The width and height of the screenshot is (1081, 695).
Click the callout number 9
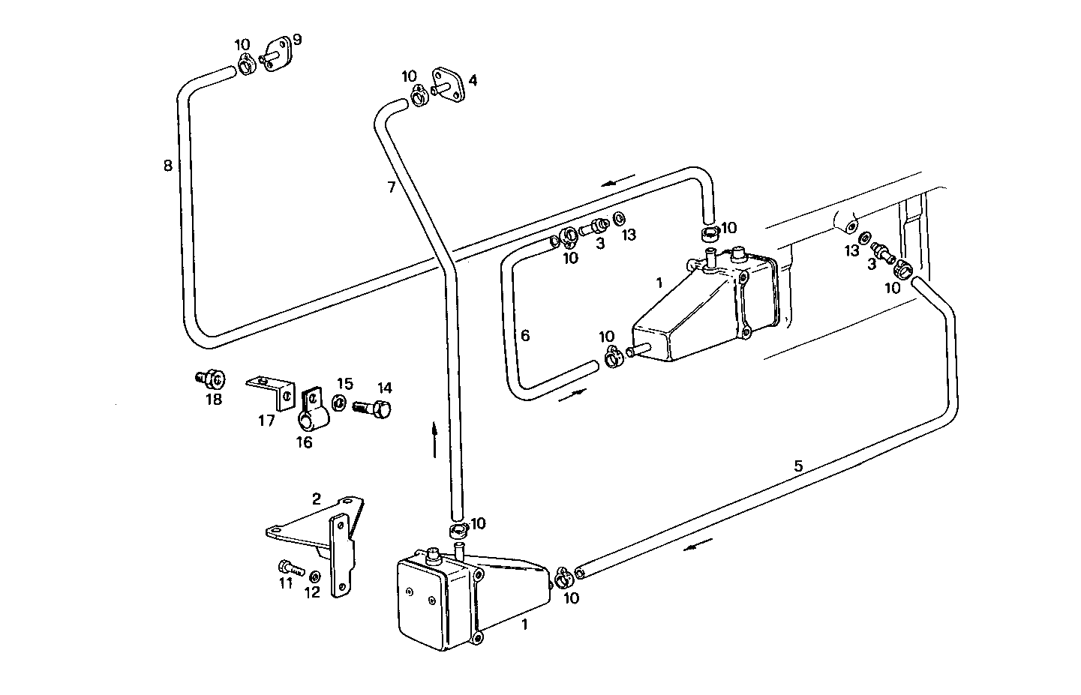click(x=297, y=39)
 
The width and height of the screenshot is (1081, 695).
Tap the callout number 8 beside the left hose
click(x=168, y=165)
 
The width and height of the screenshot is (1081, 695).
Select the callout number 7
click(x=392, y=187)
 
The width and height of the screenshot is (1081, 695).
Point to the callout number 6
click(x=525, y=335)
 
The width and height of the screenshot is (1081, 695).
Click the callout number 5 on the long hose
click(x=798, y=466)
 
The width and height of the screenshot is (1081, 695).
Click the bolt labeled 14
click(x=373, y=409)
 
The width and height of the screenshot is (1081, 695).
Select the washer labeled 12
click(x=314, y=576)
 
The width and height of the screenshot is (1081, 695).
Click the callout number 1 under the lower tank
click(x=524, y=623)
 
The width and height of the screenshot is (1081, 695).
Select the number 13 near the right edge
click(x=851, y=250)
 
